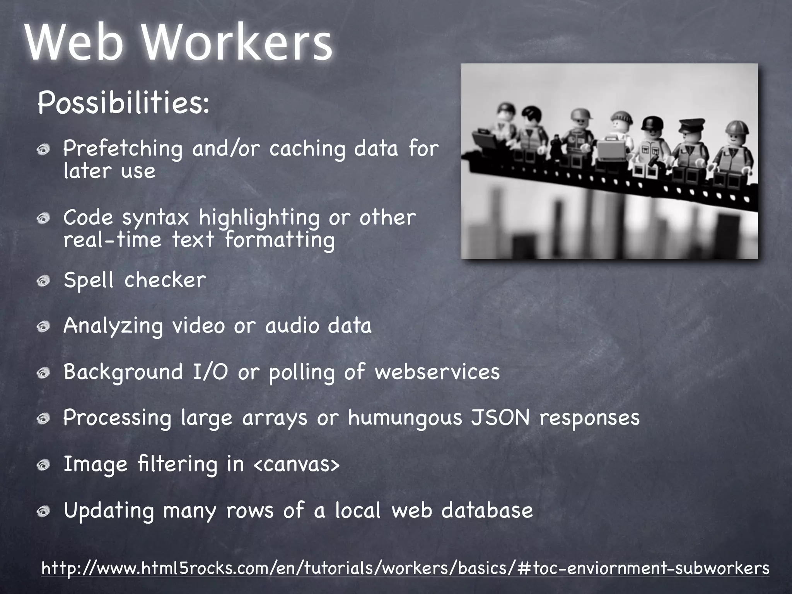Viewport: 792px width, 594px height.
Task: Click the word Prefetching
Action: point(123,148)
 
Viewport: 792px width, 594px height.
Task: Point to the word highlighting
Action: point(259,217)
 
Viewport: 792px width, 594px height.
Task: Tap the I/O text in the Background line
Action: point(210,372)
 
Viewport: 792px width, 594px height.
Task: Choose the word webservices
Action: point(437,372)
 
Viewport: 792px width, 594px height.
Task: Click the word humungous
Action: point(405,418)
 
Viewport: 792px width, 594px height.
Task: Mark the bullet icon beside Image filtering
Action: point(44,465)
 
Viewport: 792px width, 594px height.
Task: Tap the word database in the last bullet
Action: point(487,510)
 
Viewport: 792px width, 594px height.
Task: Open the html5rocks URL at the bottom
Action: point(405,568)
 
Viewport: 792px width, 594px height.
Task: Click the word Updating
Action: point(109,511)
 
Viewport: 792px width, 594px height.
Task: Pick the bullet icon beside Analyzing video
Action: point(44,327)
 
